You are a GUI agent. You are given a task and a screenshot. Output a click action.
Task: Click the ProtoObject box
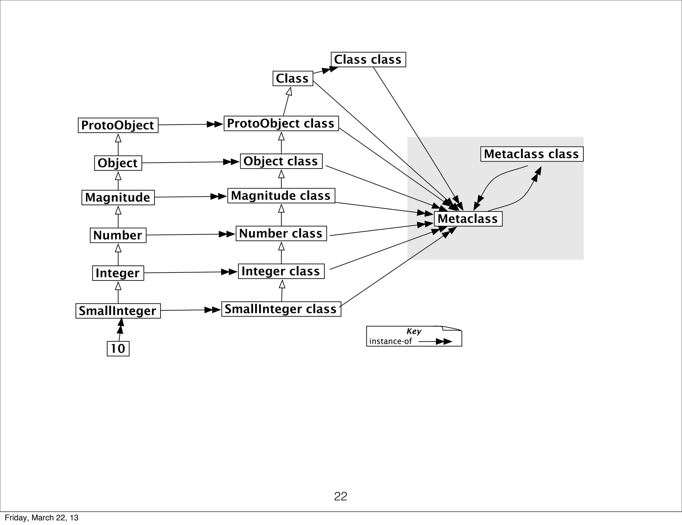tap(118, 125)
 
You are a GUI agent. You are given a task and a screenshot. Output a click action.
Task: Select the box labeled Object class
tap(281, 161)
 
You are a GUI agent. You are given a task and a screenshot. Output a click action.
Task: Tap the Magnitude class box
tap(281, 196)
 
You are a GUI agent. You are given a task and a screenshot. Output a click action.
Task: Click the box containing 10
tap(118, 349)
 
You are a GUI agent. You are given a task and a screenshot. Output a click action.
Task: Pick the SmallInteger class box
tap(281, 309)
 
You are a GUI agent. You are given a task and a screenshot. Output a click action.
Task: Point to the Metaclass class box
tap(531, 154)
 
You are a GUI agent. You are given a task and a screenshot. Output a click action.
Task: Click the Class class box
tap(368, 60)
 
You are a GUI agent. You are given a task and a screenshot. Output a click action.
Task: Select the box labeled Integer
tap(118, 273)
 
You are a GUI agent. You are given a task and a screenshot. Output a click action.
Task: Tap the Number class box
tap(281, 233)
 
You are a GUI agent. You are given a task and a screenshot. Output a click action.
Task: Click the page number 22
tap(340, 496)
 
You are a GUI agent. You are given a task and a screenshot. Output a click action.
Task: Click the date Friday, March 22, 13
tap(42, 518)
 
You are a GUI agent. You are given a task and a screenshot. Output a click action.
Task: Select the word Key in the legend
tap(414, 331)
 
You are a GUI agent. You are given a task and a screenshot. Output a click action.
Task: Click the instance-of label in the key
tap(390, 341)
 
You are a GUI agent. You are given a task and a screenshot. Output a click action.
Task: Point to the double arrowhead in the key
tap(444, 341)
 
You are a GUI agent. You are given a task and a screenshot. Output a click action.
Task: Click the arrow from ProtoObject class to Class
tap(286, 102)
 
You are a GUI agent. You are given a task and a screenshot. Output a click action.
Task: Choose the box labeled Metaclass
tap(468, 219)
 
